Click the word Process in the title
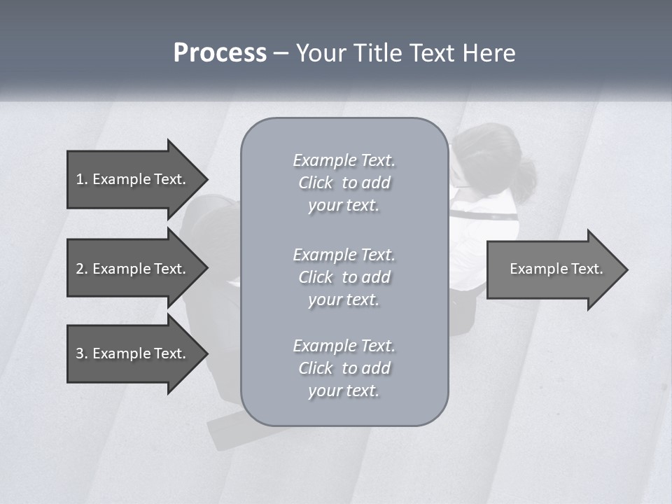(220, 53)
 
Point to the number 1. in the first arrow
(82, 179)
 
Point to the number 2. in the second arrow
(82, 269)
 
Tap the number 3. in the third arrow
(82, 353)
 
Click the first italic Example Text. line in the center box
(344, 160)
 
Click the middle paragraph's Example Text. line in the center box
(344, 254)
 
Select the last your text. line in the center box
(344, 391)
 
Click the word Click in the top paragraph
(316, 183)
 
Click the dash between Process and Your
(281, 53)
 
